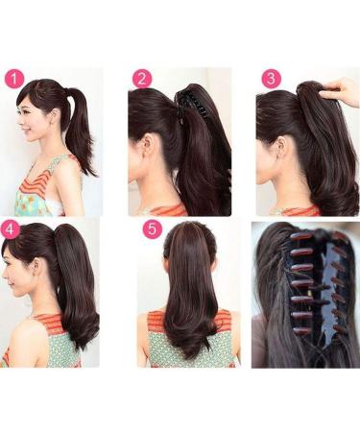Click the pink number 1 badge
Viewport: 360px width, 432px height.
click(x=12, y=79)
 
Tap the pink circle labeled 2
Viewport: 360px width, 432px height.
click(x=142, y=79)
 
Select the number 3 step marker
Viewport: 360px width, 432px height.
click(x=271, y=79)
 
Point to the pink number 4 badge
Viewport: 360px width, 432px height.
click(x=11, y=229)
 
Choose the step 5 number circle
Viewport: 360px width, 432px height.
click(x=151, y=230)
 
